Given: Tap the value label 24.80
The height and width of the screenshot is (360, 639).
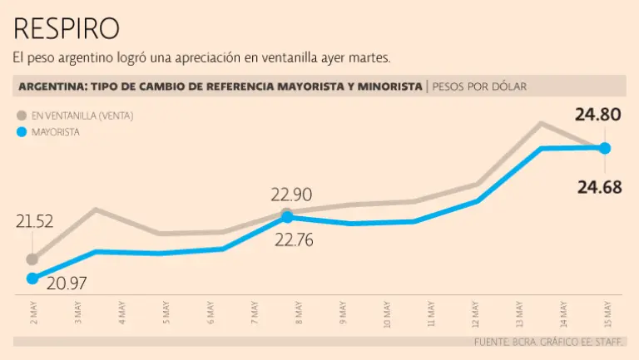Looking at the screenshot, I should tap(597, 115).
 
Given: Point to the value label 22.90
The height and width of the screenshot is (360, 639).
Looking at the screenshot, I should tap(291, 195).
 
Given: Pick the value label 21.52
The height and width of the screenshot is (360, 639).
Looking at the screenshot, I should tap(34, 221).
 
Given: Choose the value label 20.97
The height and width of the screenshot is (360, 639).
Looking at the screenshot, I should tap(67, 284).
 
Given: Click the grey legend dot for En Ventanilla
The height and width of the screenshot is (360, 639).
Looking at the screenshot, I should tap(20, 116).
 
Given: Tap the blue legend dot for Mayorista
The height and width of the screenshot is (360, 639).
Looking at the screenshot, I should tap(20, 131).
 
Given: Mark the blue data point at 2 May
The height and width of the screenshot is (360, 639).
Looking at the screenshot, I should tap(32, 279).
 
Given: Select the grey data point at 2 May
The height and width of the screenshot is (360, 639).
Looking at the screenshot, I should tap(32, 259).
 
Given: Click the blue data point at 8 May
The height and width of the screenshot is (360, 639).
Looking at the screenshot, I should tap(287, 217).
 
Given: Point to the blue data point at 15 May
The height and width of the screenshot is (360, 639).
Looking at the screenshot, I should tap(605, 148).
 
